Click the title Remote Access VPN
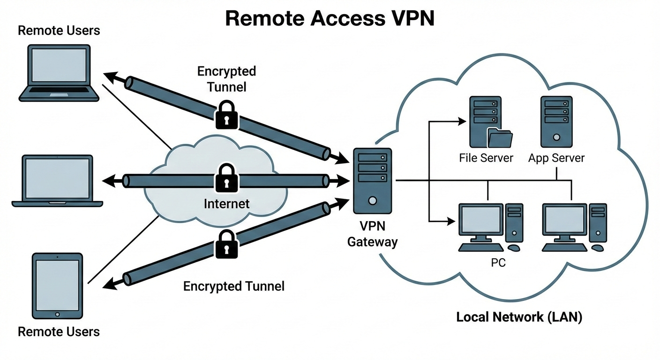pyautogui.click(x=330, y=18)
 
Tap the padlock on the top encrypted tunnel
pyautogui.click(x=226, y=115)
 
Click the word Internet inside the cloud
pyautogui.click(x=226, y=204)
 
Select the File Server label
pyautogui.click(x=486, y=157)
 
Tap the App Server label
pyautogui.click(x=556, y=157)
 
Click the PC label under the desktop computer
pyautogui.click(x=498, y=263)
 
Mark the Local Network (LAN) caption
pyautogui.click(x=519, y=317)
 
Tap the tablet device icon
pyautogui.click(x=57, y=286)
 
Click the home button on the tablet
pyautogui.click(x=57, y=314)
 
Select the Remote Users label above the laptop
pyautogui.click(x=59, y=31)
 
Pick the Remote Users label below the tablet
pyautogui.click(x=59, y=332)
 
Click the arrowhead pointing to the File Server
pyautogui.click(x=462, y=121)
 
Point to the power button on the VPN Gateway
pyautogui.click(x=373, y=201)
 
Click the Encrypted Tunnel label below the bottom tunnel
pyautogui.click(x=233, y=286)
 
